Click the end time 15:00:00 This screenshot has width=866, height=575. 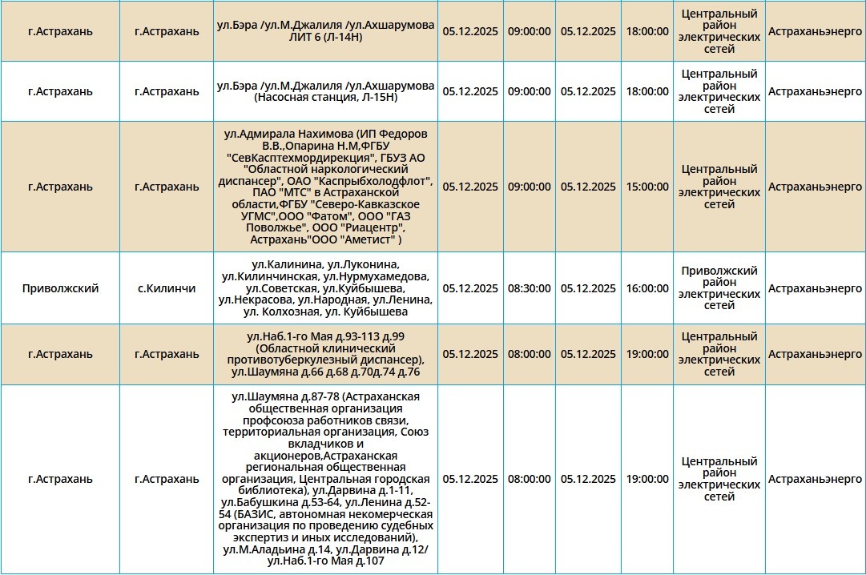(647, 187)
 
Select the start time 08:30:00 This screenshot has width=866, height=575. (529, 288)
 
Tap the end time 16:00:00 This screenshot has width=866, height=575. (647, 288)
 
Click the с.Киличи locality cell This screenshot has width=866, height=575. (167, 288)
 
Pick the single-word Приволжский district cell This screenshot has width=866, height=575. (61, 288)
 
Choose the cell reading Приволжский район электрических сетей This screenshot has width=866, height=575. (719, 288)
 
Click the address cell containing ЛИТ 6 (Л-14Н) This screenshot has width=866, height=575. (325, 31)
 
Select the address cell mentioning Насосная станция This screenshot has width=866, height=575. (325, 91)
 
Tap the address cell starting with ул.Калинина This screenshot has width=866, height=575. (325, 288)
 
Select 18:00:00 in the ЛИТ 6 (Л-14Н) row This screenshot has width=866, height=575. (647, 31)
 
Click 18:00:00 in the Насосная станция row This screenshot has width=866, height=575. (647, 91)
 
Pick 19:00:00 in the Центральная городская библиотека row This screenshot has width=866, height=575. (647, 479)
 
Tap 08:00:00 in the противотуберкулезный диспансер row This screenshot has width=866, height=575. (529, 354)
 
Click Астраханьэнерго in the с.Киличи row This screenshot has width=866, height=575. (815, 288)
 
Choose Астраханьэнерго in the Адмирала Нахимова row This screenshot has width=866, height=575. (815, 187)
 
